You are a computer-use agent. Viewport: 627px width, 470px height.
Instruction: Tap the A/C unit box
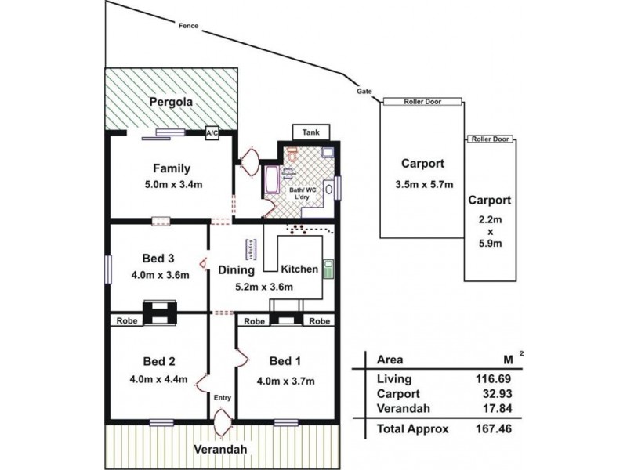point(212,133)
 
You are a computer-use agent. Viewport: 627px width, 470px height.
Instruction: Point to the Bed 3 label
point(158,258)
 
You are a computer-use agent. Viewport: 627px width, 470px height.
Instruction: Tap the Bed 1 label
point(283,361)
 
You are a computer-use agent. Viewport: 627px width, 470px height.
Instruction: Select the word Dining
point(236,270)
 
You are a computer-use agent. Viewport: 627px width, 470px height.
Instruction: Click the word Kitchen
point(299,269)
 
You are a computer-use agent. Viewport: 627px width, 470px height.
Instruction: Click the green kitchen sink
point(329,269)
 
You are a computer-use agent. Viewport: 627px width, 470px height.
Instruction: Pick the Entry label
point(223,398)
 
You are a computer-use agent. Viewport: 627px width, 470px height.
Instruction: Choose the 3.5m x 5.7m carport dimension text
point(422,185)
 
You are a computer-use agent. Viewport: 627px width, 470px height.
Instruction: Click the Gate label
point(364,91)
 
